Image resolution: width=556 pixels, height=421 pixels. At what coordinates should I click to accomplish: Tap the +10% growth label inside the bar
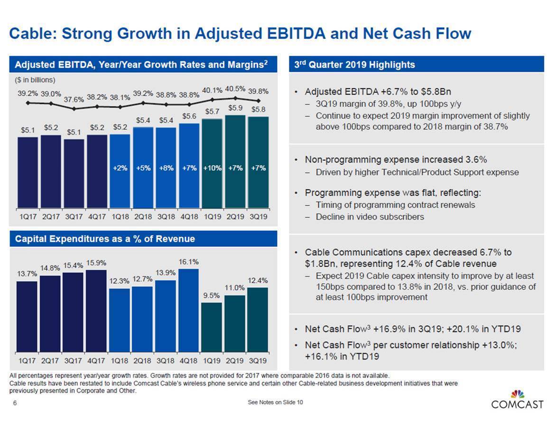coord(212,168)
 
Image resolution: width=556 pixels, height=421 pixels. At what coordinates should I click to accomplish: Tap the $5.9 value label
coord(236,108)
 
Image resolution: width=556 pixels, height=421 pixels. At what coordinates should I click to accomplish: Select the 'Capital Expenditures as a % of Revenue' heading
coord(105,239)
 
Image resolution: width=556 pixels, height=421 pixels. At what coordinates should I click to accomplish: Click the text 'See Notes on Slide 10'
coord(276,403)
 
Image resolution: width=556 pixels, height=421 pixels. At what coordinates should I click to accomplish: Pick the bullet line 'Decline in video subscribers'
coord(370,217)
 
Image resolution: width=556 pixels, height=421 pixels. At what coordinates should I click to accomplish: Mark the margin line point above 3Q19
coord(258,101)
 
